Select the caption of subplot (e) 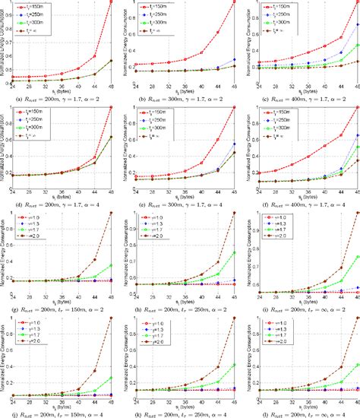click(179, 203)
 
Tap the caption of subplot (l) click(298, 413)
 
